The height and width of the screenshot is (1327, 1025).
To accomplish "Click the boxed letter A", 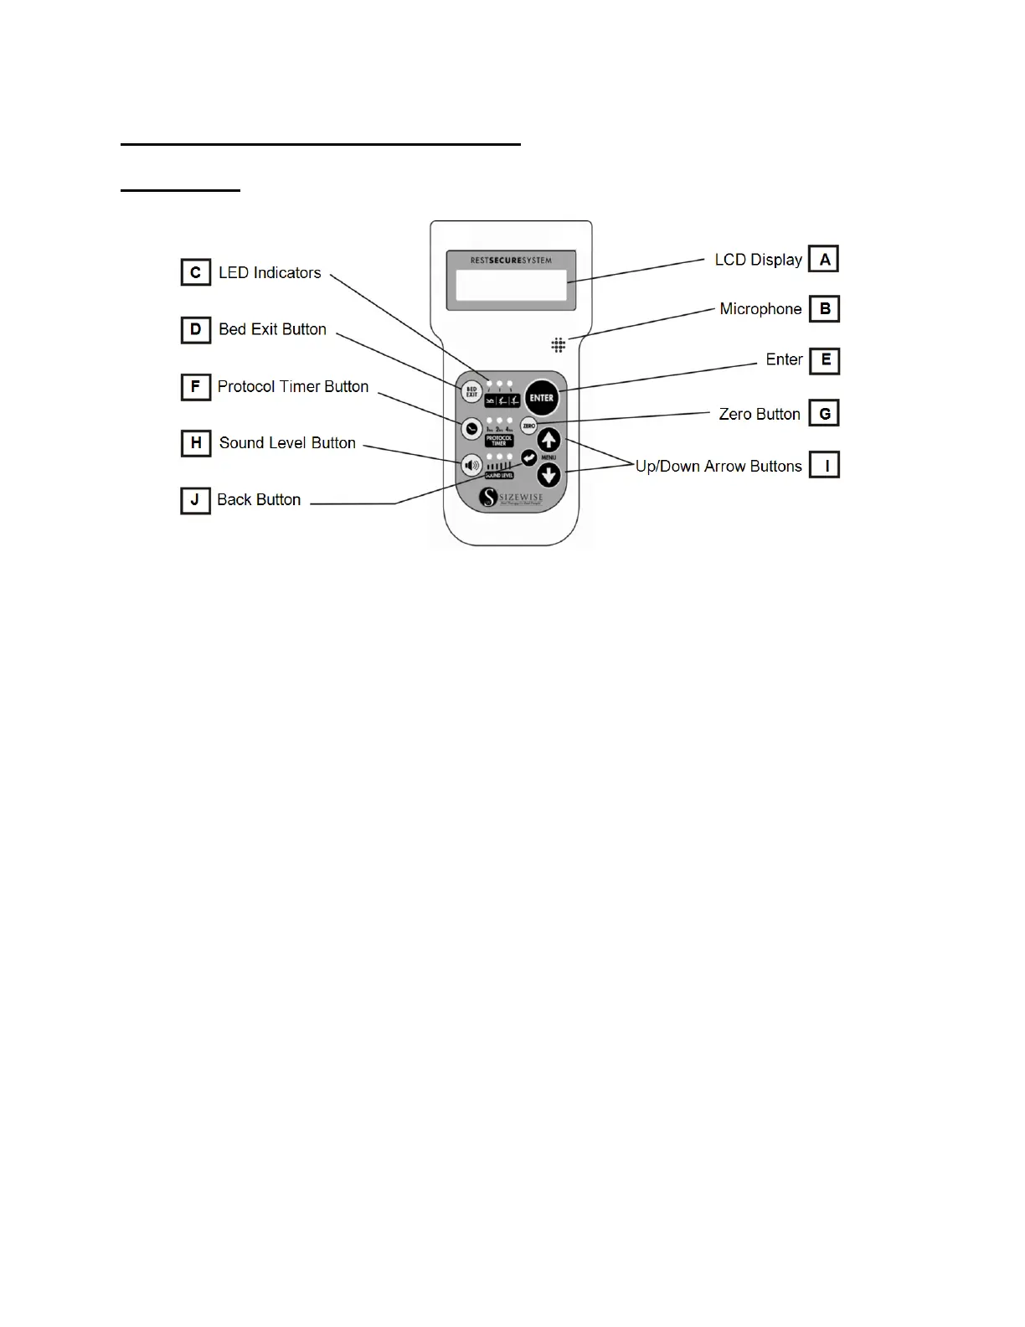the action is pyautogui.click(x=824, y=259).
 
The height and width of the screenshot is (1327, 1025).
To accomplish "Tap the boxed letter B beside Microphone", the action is pyautogui.click(x=825, y=309).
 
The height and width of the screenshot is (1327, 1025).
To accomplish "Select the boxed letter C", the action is pyautogui.click(x=195, y=272).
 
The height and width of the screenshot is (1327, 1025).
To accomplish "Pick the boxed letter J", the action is pyautogui.click(x=195, y=500).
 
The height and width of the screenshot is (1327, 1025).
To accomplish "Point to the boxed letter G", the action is pyautogui.click(x=825, y=413).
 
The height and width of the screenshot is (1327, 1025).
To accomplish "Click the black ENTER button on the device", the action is pyautogui.click(x=542, y=398).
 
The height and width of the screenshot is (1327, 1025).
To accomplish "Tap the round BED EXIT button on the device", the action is pyautogui.click(x=471, y=392).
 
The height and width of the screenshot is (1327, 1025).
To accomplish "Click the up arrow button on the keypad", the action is pyautogui.click(x=549, y=441).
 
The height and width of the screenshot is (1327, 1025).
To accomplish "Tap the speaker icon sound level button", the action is pyautogui.click(x=471, y=464).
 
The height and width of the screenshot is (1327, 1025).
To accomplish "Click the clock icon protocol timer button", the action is pyautogui.click(x=471, y=428).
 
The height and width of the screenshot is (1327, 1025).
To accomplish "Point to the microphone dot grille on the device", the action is pyautogui.click(x=559, y=344).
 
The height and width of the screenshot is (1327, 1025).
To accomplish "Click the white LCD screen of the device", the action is pyautogui.click(x=511, y=285).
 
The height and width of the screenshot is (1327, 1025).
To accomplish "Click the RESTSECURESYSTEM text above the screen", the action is pyautogui.click(x=511, y=261).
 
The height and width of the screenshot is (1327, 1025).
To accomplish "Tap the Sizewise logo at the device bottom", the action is pyautogui.click(x=511, y=498).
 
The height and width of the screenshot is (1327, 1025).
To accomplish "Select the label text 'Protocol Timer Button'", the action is pyautogui.click(x=293, y=386).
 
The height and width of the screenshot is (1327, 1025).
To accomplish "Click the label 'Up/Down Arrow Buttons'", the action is pyautogui.click(x=719, y=467).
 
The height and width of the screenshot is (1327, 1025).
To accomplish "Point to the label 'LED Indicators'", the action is pyautogui.click(x=270, y=272).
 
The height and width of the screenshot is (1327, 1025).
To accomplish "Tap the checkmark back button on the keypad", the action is pyautogui.click(x=528, y=457).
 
